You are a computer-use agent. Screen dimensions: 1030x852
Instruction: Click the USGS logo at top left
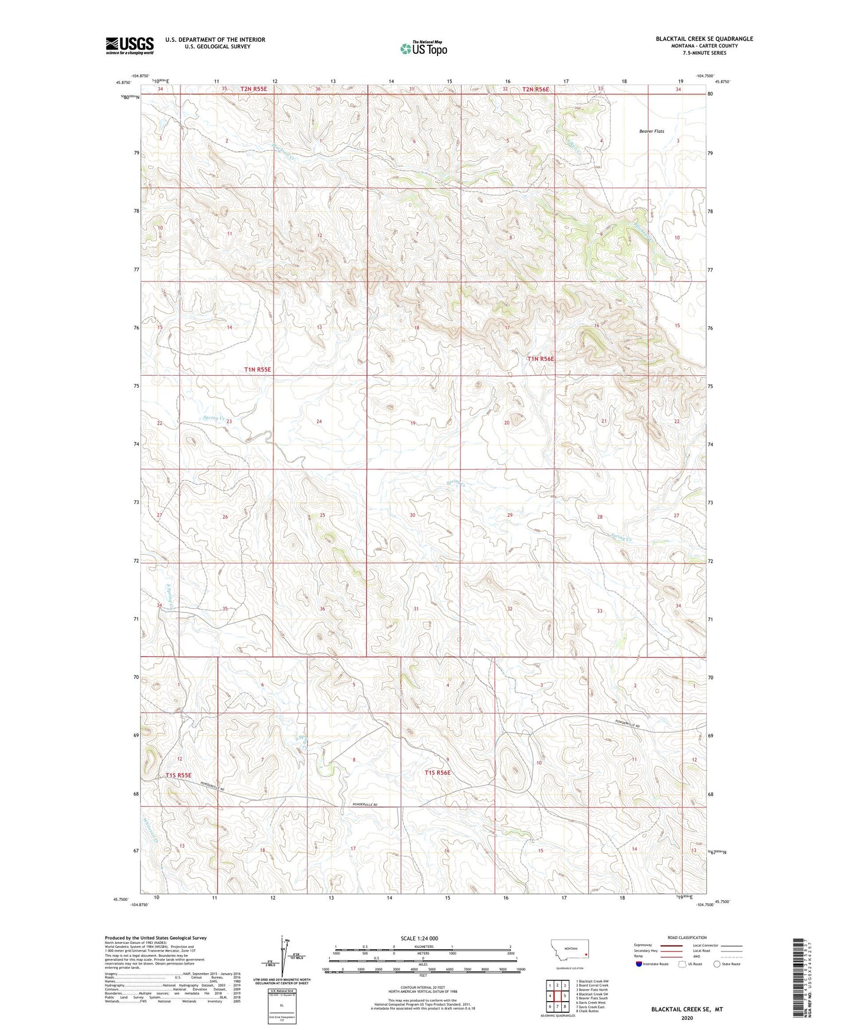(130, 45)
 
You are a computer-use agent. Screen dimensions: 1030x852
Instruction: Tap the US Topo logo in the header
(423, 48)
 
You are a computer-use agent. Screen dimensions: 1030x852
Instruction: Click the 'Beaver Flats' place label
(652, 131)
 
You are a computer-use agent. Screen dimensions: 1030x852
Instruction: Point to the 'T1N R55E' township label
(258, 369)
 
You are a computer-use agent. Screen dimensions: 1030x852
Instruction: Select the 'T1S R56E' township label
(437, 772)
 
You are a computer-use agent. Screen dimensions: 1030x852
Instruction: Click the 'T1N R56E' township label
(540, 359)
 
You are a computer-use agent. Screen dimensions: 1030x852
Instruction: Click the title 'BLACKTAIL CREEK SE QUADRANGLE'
(704, 39)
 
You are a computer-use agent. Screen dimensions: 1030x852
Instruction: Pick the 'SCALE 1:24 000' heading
(419, 938)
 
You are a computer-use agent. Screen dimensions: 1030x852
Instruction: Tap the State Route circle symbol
(716, 964)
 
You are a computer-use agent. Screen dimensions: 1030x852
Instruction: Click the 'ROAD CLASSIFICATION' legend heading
(686, 937)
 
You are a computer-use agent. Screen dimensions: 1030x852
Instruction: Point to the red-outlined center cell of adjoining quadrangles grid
(557, 996)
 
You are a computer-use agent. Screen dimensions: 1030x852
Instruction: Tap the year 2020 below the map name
(686, 1018)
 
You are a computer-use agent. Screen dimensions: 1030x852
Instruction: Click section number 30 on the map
(412, 515)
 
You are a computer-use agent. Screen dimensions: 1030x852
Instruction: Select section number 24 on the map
(319, 421)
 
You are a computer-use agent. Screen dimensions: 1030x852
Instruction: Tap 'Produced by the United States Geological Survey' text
(156, 937)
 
